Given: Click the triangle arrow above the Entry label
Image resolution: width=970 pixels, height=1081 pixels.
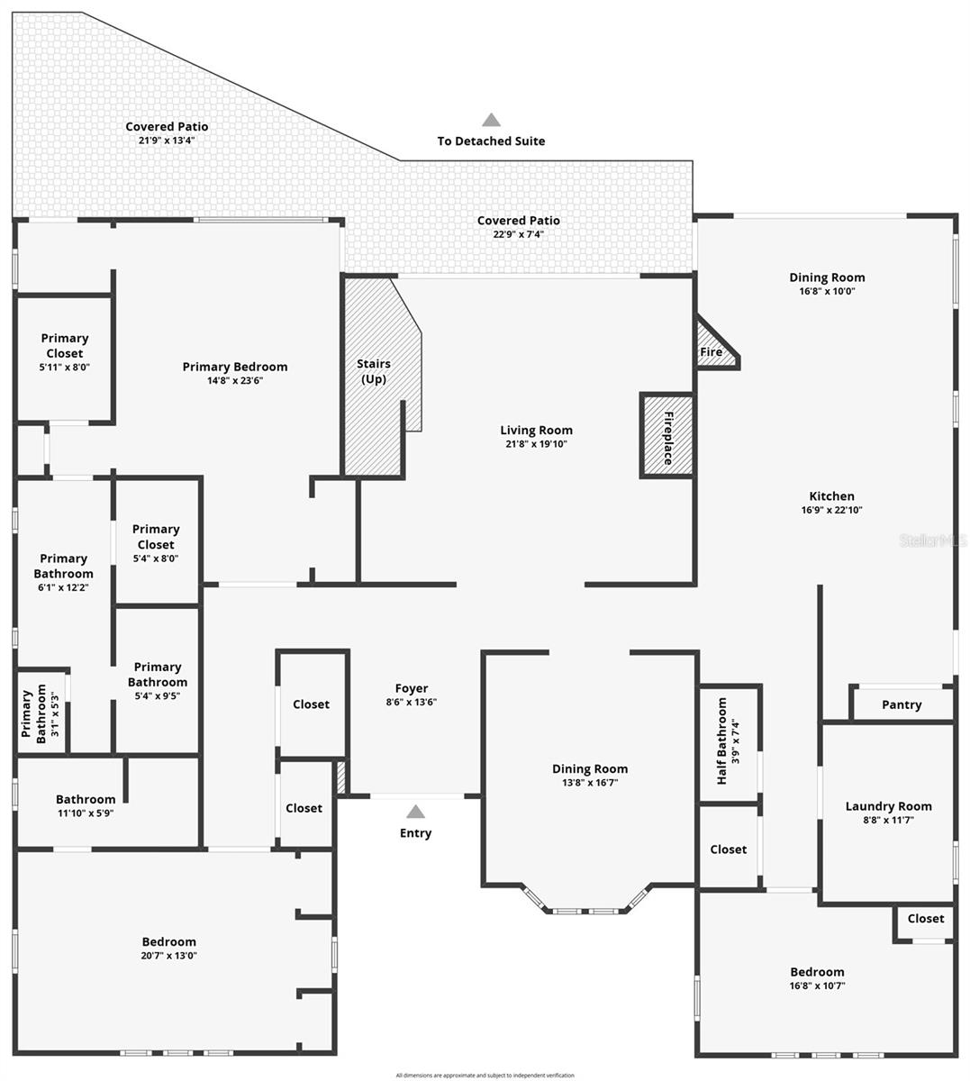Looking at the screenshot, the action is pyautogui.click(x=415, y=812).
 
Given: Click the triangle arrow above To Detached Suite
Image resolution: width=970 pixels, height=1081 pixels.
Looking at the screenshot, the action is pyautogui.click(x=491, y=120).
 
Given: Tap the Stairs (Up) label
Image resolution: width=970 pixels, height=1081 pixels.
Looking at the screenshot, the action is pyautogui.click(x=374, y=371).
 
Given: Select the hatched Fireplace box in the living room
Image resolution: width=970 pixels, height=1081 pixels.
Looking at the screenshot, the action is pyautogui.click(x=667, y=436).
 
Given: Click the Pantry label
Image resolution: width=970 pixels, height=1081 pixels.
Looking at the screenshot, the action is pyautogui.click(x=902, y=704).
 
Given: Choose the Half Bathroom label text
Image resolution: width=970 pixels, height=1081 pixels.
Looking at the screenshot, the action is pyautogui.click(x=722, y=741).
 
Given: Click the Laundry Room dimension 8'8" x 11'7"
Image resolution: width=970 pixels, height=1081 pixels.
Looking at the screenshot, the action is pyautogui.click(x=888, y=820).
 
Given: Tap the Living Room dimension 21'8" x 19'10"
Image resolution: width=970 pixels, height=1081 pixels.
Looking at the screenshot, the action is pyautogui.click(x=536, y=444).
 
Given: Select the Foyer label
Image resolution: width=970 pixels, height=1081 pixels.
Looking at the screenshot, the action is pyautogui.click(x=412, y=688).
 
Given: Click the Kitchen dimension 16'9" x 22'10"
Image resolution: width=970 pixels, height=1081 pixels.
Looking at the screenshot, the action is pyautogui.click(x=832, y=510).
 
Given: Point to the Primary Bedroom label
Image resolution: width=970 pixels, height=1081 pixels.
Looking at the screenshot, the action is pyautogui.click(x=235, y=367).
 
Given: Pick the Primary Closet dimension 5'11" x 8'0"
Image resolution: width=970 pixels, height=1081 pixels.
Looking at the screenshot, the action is pyautogui.click(x=65, y=368).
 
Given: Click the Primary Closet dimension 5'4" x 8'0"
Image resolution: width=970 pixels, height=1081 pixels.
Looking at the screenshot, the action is pyautogui.click(x=156, y=559).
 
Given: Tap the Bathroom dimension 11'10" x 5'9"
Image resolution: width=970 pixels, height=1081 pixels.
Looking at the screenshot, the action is pyautogui.click(x=86, y=813).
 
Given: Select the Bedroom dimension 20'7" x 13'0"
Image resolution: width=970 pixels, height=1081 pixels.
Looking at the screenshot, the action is pyautogui.click(x=168, y=956).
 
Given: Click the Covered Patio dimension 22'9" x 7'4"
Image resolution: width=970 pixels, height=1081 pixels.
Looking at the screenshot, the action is pyautogui.click(x=519, y=234).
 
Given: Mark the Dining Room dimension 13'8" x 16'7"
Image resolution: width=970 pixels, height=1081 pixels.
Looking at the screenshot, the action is pyautogui.click(x=590, y=783).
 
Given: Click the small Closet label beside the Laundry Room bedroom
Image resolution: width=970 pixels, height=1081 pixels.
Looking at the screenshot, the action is pyautogui.click(x=926, y=918).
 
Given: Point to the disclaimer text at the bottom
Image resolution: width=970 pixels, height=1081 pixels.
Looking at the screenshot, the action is pyautogui.click(x=485, y=1075).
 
